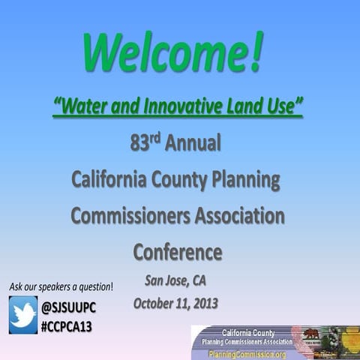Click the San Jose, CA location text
(x=174, y=282)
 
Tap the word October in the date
(x=155, y=304)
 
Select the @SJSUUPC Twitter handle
(x=69, y=307)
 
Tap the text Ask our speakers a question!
(x=61, y=286)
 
